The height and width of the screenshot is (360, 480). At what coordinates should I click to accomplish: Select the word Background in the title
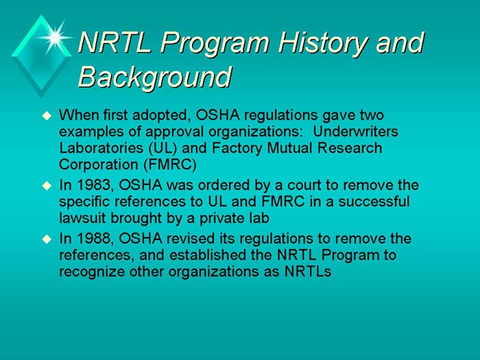tap(154, 76)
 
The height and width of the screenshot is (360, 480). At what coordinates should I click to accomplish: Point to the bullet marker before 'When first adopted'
tap(47, 114)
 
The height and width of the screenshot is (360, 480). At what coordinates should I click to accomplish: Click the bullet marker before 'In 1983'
tap(47, 185)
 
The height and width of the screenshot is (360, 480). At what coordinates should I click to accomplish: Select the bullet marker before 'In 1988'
tap(47, 239)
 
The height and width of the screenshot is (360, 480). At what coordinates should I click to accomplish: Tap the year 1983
tap(90, 185)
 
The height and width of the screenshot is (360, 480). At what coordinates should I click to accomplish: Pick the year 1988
tap(90, 239)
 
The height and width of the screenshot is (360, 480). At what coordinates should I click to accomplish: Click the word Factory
tap(236, 149)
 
